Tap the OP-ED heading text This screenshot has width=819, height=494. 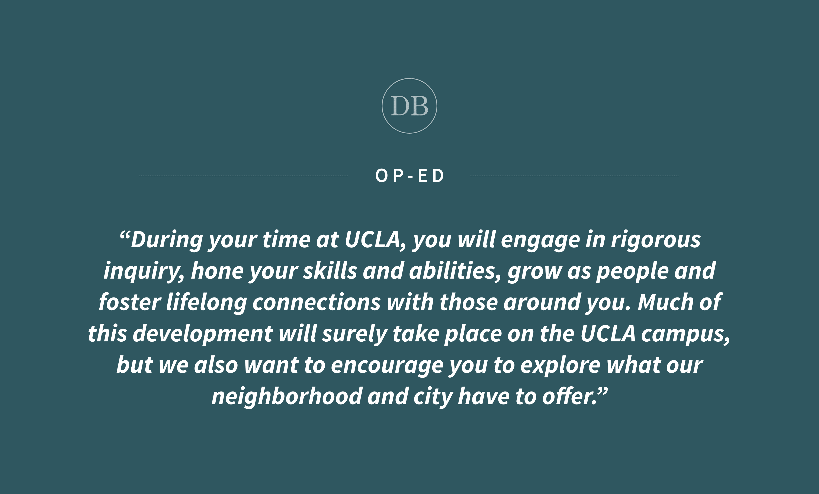[409, 176]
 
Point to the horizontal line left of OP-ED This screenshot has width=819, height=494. [244, 176]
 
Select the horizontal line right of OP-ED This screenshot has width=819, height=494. [574, 176]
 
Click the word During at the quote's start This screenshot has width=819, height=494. [167, 240]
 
